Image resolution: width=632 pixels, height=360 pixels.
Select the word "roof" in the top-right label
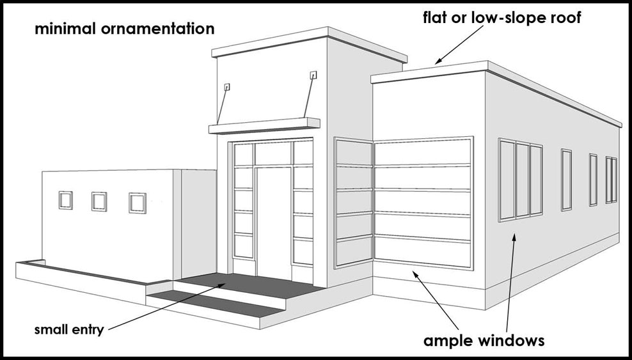click(x=561, y=17)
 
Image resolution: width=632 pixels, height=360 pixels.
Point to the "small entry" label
click(x=68, y=331)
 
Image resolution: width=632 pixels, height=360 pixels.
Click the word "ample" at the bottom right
click(x=451, y=340)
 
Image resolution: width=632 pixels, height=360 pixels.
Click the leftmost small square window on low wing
click(x=66, y=200)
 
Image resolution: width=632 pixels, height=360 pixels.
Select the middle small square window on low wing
click(x=99, y=201)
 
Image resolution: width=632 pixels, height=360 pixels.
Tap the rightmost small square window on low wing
click(x=138, y=203)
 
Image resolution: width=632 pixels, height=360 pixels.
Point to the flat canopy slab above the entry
click(x=264, y=125)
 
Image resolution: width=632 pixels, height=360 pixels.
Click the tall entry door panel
click(x=274, y=217)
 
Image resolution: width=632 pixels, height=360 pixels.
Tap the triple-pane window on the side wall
click(x=521, y=178)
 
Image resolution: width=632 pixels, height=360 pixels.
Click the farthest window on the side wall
click(x=612, y=180)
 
